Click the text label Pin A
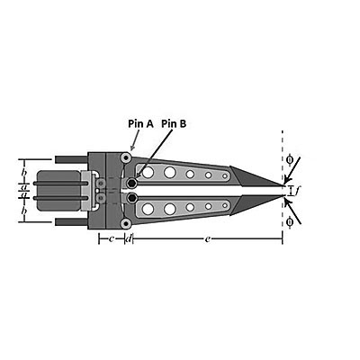click(x=140, y=123)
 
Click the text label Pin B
click(x=174, y=123)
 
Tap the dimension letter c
click(x=112, y=239)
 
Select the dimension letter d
click(x=129, y=238)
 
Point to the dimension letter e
click(x=207, y=239)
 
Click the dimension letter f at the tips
click(x=296, y=190)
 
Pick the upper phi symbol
click(x=290, y=159)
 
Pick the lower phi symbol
click(x=290, y=222)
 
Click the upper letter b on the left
click(x=24, y=173)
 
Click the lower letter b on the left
click(x=24, y=211)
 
